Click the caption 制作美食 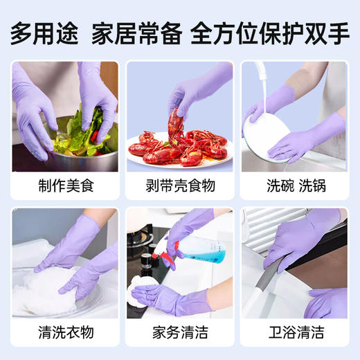65,185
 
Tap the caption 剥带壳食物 179,185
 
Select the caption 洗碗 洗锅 294,185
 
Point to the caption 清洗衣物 65,332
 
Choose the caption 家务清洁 179,332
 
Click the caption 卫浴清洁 294,332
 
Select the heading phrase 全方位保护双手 269,33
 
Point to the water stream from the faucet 264,87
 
